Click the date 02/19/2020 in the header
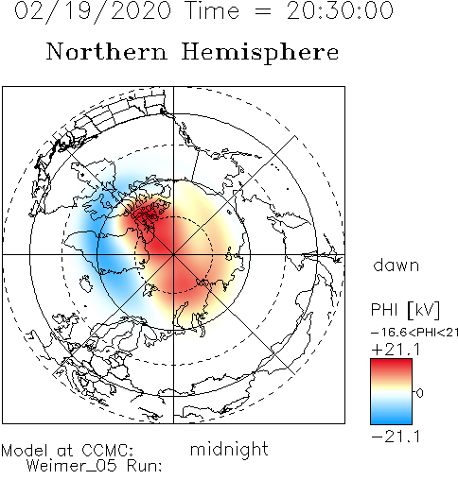(x=93, y=11)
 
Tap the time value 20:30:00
(x=340, y=10)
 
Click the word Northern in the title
(x=107, y=52)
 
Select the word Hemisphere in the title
(x=260, y=53)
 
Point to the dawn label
(x=396, y=266)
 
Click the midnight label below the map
(x=229, y=449)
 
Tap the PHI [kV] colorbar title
(x=405, y=310)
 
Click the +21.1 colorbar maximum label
(x=396, y=350)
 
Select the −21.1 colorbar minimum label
(x=396, y=437)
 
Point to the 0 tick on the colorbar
(x=420, y=393)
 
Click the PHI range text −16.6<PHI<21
(x=414, y=333)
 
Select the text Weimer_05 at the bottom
(x=72, y=466)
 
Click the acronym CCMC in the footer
(x=108, y=451)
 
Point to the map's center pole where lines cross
(x=173, y=254)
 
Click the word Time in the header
(x=212, y=10)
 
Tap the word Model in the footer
(x=25, y=451)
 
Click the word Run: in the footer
(x=145, y=466)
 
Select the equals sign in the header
(x=262, y=11)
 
